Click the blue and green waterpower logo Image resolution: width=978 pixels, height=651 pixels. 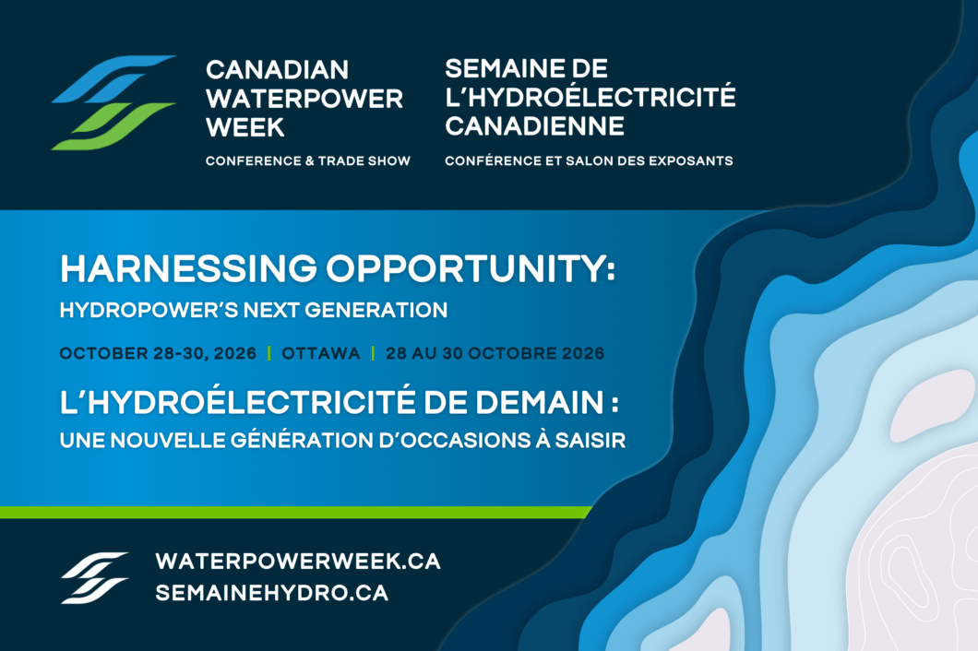coord(113,103)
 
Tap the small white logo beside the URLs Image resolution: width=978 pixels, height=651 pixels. coord(94,577)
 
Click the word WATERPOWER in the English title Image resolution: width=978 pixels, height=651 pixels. coord(304,99)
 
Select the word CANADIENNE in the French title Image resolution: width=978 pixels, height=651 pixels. coord(534,126)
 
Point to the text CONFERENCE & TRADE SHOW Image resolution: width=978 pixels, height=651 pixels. coord(308,160)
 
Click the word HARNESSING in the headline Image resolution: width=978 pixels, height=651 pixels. coord(188,268)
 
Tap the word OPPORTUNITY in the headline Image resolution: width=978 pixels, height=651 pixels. coord(471,268)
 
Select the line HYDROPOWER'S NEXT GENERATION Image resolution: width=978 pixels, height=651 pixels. coord(254,310)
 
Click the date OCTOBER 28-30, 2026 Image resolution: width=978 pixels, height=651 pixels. coord(158,353)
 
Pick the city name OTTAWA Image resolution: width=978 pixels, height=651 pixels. coord(320,353)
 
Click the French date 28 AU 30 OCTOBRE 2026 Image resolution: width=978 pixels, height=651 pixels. coord(495,353)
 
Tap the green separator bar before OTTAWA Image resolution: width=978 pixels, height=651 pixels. coord(268,353)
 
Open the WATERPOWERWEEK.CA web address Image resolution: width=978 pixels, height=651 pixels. coord(298,562)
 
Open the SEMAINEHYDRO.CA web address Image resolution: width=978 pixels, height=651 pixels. coord(272,592)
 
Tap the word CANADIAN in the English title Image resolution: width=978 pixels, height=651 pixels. coord(277,70)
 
